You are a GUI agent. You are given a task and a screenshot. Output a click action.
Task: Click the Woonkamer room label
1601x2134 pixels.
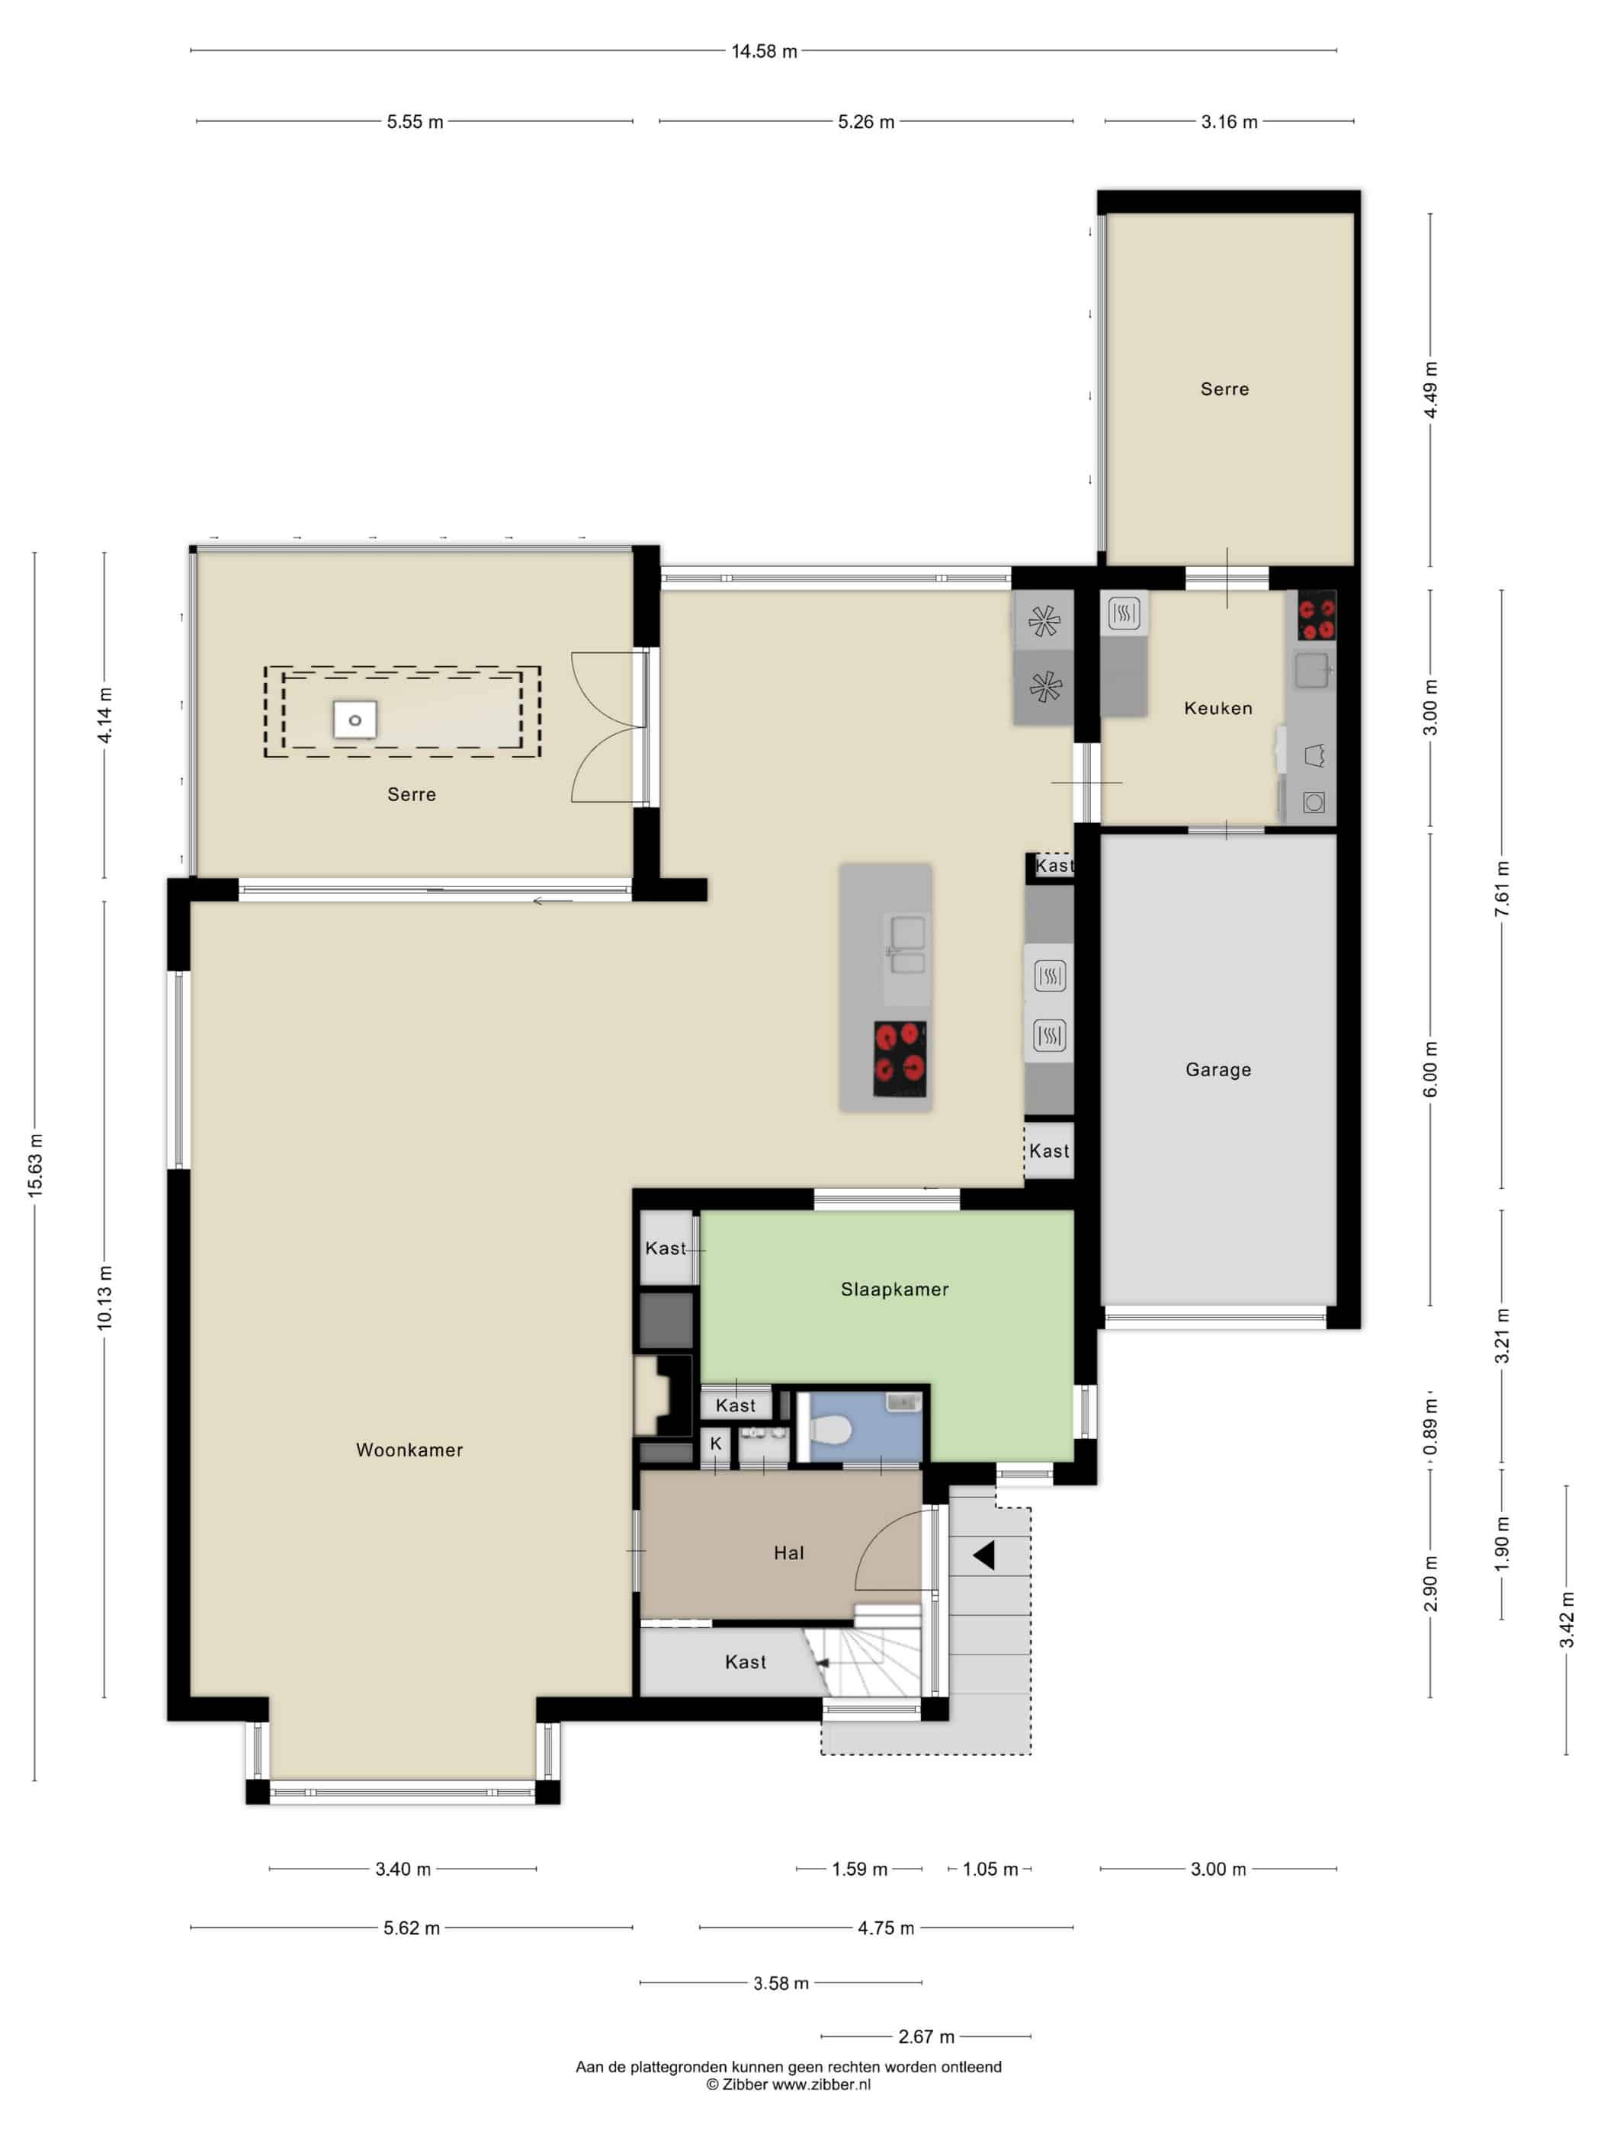[x=409, y=1450]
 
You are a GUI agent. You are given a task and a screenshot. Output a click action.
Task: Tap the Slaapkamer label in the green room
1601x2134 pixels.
[x=894, y=1290]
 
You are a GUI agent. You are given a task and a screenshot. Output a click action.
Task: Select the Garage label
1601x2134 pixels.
[x=1218, y=1070]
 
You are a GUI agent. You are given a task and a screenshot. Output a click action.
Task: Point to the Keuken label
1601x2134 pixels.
[x=1218, y=708]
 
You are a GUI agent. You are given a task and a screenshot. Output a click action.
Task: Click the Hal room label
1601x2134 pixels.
[x=788, y=1553]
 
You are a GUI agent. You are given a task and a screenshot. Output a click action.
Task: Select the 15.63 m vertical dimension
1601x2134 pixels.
[x=36, y=1165]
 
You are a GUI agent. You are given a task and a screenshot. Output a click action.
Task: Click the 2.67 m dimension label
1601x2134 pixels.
[x=926, y=2036]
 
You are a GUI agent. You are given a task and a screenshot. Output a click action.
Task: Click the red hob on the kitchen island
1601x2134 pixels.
[x=900, y=1059]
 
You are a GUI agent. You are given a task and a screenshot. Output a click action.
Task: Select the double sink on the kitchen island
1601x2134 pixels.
[x=906, y=947]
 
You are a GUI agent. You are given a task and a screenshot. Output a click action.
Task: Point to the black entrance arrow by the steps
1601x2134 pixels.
[x=983, y=1556]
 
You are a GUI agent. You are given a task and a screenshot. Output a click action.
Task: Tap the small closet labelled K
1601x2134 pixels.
[x=715, y=1444]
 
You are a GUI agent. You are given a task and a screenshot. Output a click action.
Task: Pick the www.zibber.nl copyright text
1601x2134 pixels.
[x=788, y=2084]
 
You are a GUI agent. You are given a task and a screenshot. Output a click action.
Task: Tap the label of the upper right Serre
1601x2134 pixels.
[x=1224, y=389]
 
